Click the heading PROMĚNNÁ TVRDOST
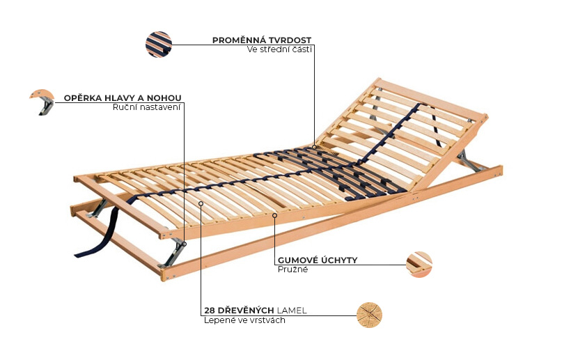[262, 40]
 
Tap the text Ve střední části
[279, 49]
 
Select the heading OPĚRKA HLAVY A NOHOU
[123, 98]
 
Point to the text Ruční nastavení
[147, 107]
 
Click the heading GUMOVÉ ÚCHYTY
[318, 260]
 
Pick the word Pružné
[292, 269]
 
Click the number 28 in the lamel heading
[210, 311]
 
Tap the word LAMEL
[292, 311]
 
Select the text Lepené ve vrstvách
[244, 320]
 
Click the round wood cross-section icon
[369, 315]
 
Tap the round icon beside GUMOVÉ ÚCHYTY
[419, 265]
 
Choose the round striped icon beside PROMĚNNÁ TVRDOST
[159, 45]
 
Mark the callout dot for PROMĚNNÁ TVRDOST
[315, 147]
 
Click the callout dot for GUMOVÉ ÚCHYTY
[274, 215]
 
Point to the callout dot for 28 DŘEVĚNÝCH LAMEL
[201, 203]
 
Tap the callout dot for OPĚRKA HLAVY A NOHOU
[185, 244]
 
